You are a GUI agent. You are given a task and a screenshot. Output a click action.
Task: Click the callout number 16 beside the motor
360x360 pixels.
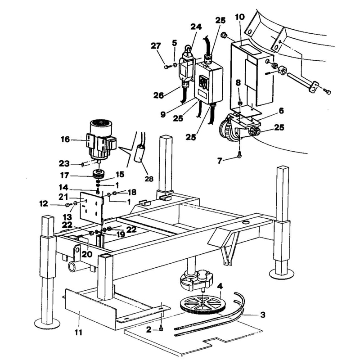[x=65, y=139]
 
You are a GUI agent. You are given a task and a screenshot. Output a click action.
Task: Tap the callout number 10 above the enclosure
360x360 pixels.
[x=240, y=17]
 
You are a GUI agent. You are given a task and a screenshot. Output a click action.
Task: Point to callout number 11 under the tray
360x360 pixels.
[x=78, y=332]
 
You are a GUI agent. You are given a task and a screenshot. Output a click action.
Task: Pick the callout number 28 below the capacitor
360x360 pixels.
[x=149, y=179]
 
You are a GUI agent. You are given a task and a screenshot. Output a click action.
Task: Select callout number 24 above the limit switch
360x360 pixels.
[x=196, y=27]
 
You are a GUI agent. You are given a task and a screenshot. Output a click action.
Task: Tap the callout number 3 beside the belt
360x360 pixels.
[x=263, y=314]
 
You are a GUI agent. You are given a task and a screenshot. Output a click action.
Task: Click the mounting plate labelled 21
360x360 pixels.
[x=92, y=208]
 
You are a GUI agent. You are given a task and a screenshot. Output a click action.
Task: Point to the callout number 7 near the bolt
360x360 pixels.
[x=220, y=161]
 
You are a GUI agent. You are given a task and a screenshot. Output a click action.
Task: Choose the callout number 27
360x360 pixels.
[x=156, y=46]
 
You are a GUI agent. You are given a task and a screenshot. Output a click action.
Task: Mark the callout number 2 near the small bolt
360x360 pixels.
[x=149, y=330]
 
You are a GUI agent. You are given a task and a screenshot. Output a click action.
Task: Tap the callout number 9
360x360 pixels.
[x=163, y=114]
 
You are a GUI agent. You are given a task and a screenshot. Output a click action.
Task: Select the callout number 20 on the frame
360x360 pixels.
[x=87, y=254]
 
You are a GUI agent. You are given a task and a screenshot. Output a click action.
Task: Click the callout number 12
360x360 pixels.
[x=44, y=204]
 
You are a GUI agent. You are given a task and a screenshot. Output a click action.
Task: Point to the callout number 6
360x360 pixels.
[x=281, y=111]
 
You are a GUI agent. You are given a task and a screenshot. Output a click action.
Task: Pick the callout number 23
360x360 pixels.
[x=64, y=163]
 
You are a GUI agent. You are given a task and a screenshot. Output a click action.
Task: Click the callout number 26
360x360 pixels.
[x=159, y=95]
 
